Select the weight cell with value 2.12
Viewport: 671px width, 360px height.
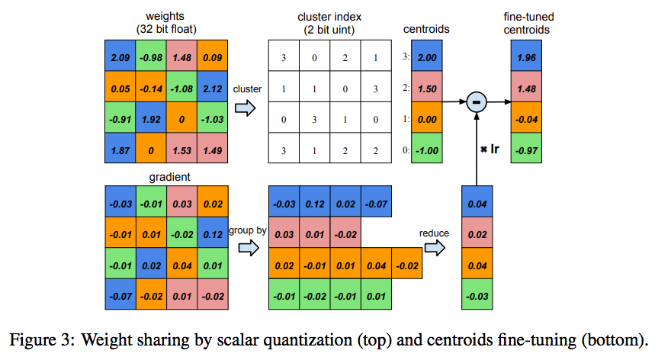212,88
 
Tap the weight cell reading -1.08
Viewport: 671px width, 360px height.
182,88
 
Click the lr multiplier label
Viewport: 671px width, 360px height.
488,143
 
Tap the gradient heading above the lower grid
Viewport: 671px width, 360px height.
167,176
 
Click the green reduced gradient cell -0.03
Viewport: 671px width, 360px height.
477,295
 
